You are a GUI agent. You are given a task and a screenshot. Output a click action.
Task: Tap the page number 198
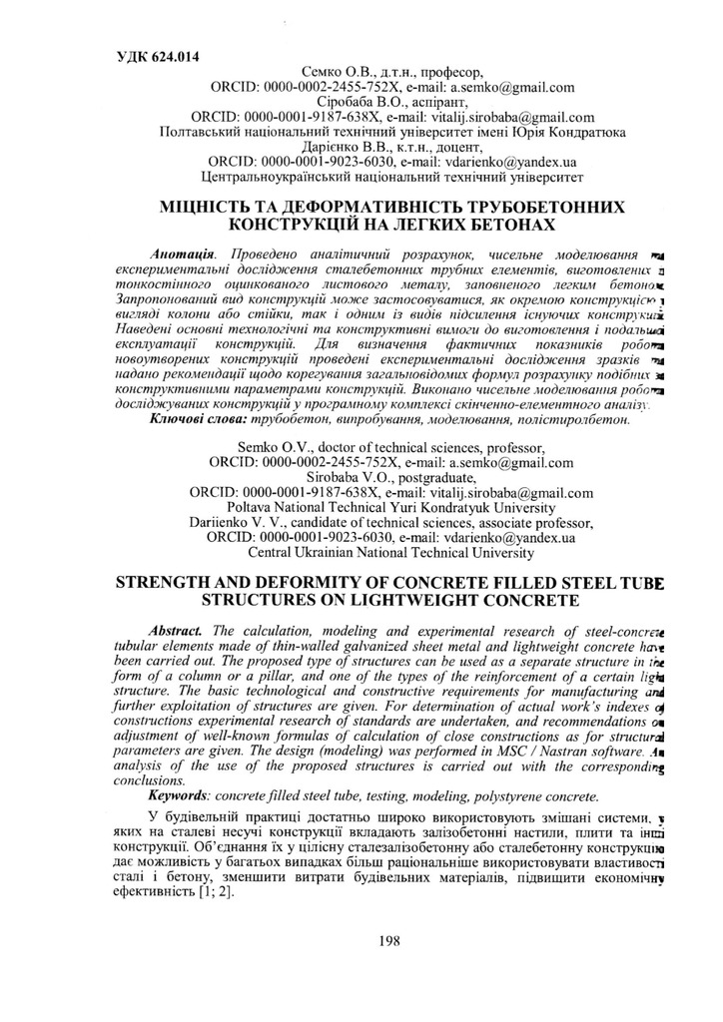390,938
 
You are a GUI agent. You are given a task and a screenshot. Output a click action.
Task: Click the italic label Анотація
183,255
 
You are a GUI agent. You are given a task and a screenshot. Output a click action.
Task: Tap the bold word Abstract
176,632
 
